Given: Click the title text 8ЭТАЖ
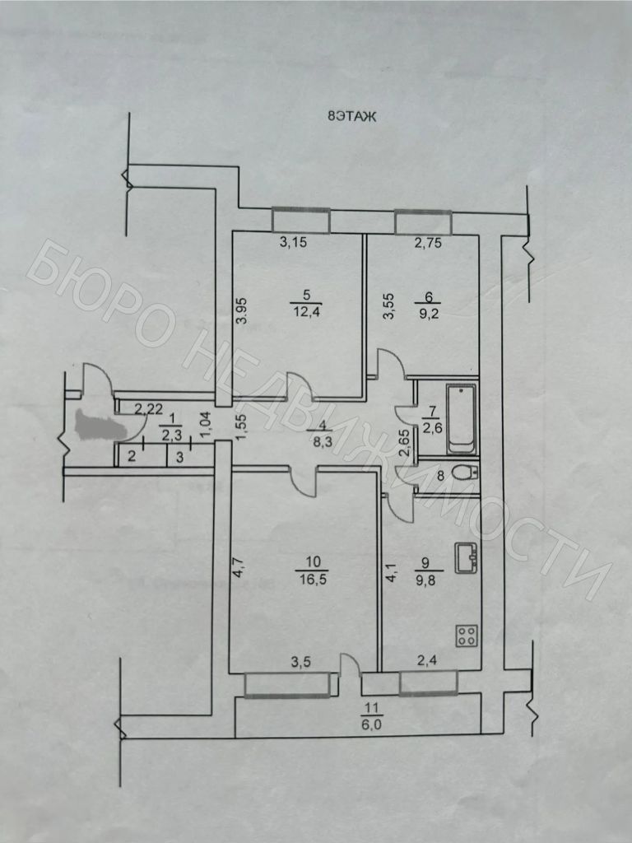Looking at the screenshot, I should [351, 117].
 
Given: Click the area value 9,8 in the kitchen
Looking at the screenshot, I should [430, 578].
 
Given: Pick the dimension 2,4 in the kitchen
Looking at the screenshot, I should [425, 660].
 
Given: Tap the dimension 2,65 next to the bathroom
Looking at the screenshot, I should [404, 445].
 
